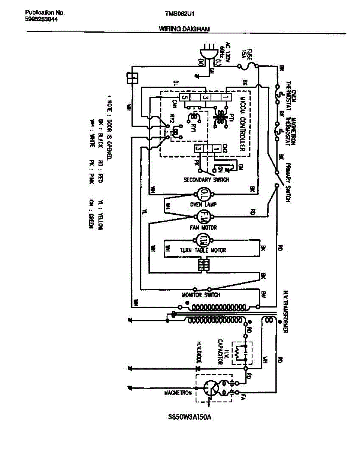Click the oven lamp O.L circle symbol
202,195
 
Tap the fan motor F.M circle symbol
202,216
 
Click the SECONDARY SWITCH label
206,180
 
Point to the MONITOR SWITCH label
201,295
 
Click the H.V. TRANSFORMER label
285,311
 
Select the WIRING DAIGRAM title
184,28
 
